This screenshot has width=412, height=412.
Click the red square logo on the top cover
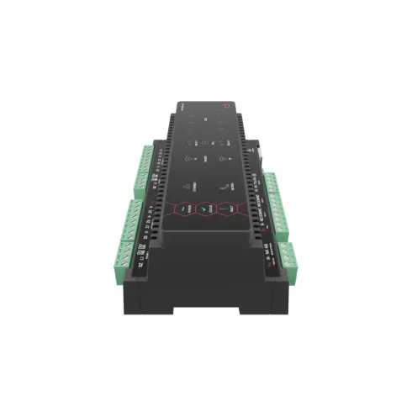pos(226,104)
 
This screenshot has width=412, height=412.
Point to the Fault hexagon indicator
pos(225,207)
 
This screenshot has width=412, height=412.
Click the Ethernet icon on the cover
pos(188,177)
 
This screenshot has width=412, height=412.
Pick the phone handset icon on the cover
pos(224,177)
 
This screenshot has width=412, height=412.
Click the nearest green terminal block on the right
pos(286,252)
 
